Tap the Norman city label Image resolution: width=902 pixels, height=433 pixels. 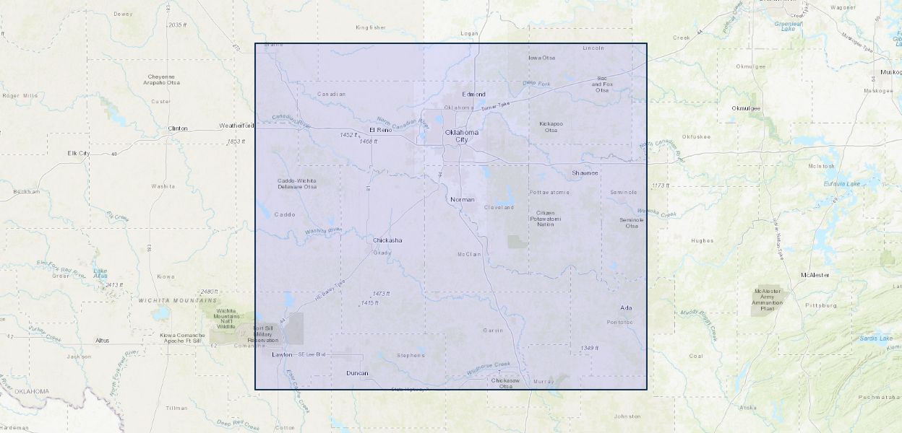[462, 199]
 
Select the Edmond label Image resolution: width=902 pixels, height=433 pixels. [474, 95]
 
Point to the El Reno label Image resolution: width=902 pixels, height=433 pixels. [380, 130]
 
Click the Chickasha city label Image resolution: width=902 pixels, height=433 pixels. [387, 240]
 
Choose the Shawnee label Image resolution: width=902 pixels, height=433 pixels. [585, 173]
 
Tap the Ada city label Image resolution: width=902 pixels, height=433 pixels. [626, 308]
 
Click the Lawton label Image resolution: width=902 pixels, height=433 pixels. [282, 355]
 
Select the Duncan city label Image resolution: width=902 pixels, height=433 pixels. [357, 373]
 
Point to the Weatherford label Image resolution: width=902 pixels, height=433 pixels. [237, 126]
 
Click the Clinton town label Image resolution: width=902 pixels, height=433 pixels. [178, 128]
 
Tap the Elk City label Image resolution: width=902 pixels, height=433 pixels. [78, 153]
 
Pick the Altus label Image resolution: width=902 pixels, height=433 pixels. [102, 340]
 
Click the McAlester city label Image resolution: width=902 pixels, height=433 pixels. [815, 275]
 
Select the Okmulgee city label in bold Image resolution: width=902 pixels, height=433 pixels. [746, 108]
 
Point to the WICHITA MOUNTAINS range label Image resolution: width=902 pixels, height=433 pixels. [177, 300]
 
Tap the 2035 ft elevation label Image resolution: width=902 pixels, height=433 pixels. [177, 25]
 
